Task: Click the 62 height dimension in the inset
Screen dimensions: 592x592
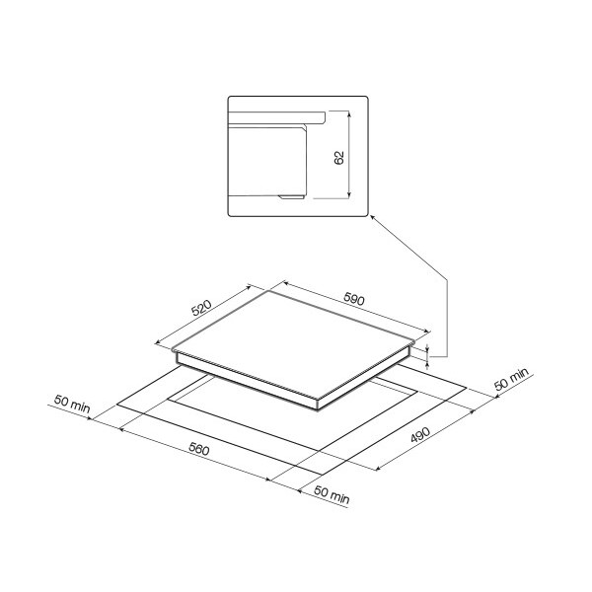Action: (x=339, y=158)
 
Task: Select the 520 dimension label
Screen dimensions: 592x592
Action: (x=201, y=307)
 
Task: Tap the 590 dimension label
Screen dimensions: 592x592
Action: (x=354, y=299)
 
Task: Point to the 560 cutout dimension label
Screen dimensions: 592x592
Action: (x=198, y=449)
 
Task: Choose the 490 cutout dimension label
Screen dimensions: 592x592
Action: (x=420, y=435)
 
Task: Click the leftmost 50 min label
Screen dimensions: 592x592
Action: (x=72, y=404)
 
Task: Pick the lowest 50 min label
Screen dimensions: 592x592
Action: (x=332, y=495)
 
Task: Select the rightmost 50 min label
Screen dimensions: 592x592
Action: (x=511, y=379)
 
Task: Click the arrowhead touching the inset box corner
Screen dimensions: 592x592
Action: (x=372, y=217)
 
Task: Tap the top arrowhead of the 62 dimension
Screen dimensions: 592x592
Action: (x=349, y=113)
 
